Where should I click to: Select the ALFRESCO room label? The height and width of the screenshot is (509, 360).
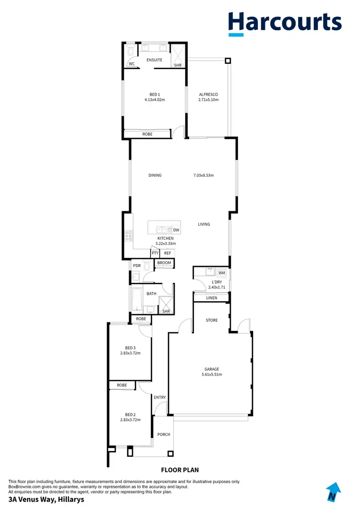(208, 94)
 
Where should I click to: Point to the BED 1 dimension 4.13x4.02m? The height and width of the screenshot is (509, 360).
(155, 100)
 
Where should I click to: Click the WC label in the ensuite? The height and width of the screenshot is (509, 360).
(132, 64)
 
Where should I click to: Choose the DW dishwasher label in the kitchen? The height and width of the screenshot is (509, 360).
(176, 230)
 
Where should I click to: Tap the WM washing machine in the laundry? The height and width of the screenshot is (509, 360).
(222, 273)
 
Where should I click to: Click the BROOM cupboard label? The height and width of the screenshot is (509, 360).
(164, 263)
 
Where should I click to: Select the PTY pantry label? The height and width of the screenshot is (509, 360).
(155, 253)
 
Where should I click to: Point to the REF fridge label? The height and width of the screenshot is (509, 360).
(168, 253)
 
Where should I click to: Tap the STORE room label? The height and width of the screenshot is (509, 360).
(212, 320)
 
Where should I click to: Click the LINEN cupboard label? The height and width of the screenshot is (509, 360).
(211, 298)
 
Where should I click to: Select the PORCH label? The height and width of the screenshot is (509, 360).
(164, 435)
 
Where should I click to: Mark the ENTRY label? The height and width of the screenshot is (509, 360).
(160, 397)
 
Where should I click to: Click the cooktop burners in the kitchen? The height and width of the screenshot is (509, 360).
(129, 236)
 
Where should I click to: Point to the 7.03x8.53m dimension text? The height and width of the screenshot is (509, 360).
(204, 175)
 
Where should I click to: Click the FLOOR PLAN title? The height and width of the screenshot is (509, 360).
(180, 470)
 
